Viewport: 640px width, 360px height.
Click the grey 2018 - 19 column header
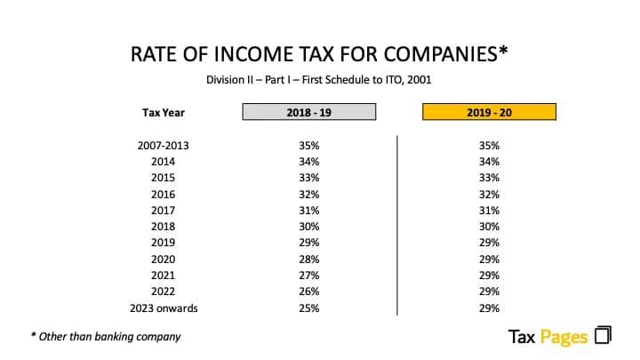pos(309,112)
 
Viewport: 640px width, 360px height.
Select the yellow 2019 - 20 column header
pos(489,112)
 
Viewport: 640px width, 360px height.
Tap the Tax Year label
pos(164,113)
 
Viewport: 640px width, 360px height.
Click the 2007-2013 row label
pos(164,146)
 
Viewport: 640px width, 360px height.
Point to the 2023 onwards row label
pos(164,308)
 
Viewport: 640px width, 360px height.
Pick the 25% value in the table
pos(309,308)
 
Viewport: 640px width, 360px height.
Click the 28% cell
pos(309,260)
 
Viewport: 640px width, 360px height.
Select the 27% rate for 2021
pos(309,276)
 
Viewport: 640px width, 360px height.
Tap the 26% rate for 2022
pos(309,292)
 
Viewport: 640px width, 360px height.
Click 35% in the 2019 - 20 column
pos(489,146)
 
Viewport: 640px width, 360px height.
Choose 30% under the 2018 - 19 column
pos(309,227)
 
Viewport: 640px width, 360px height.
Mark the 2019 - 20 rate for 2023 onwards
pos(489,308)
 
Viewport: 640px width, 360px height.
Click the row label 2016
pos(164,195)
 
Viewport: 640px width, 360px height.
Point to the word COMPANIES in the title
pos(441,54)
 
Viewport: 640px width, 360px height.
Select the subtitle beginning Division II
pos(319,80)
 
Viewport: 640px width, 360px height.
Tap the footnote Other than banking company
pos(106,337)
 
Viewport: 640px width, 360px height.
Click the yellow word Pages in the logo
pos(564,337)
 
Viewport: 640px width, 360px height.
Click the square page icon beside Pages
pos(603,335)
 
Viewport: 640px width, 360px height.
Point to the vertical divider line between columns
pos(397,225)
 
